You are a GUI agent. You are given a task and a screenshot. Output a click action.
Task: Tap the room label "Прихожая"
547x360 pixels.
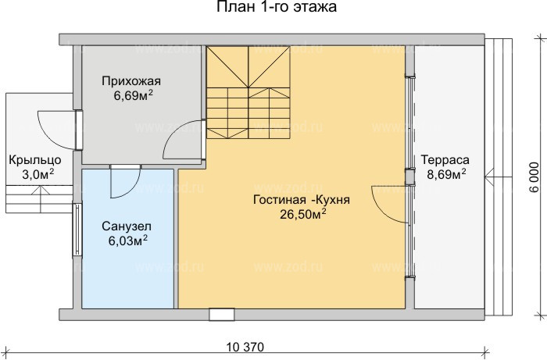tap(131, 81)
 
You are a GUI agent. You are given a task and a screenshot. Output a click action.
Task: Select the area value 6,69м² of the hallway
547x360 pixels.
tap(131, 96)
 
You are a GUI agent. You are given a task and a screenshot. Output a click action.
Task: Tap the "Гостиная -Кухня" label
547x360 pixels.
tap(290, 199)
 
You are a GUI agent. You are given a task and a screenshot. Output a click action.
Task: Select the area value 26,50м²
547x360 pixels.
tap(290, 214)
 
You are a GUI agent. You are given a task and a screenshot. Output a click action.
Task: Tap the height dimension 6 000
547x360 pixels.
tap(534, 180)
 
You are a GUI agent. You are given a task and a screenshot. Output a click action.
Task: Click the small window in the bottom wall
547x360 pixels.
tap(222, 314)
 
